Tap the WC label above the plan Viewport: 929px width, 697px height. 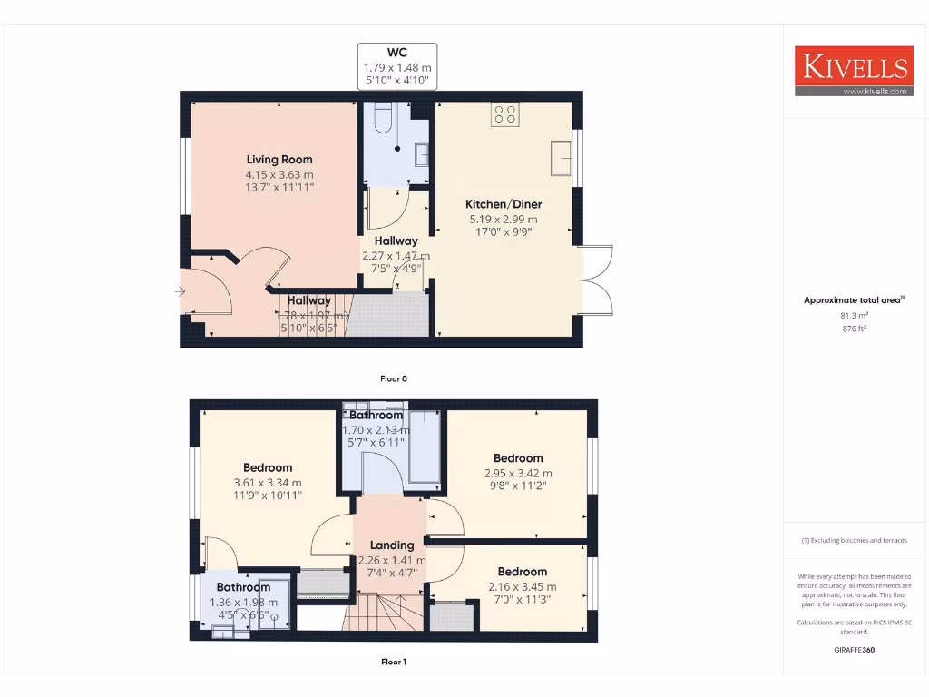coord(397,54)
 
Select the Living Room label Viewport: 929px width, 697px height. coord(273,160)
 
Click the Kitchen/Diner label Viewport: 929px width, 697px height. coord(504,204)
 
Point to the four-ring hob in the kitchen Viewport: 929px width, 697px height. coord(504,114)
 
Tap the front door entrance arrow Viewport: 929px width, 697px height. coord(180,291)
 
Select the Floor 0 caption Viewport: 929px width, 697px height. coord(393,378)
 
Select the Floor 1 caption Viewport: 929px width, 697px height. coord(393,662)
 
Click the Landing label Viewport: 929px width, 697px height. coord(392,545)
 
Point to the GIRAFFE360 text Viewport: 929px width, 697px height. coord(853,650)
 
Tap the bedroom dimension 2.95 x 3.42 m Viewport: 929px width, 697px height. coord(518,473)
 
